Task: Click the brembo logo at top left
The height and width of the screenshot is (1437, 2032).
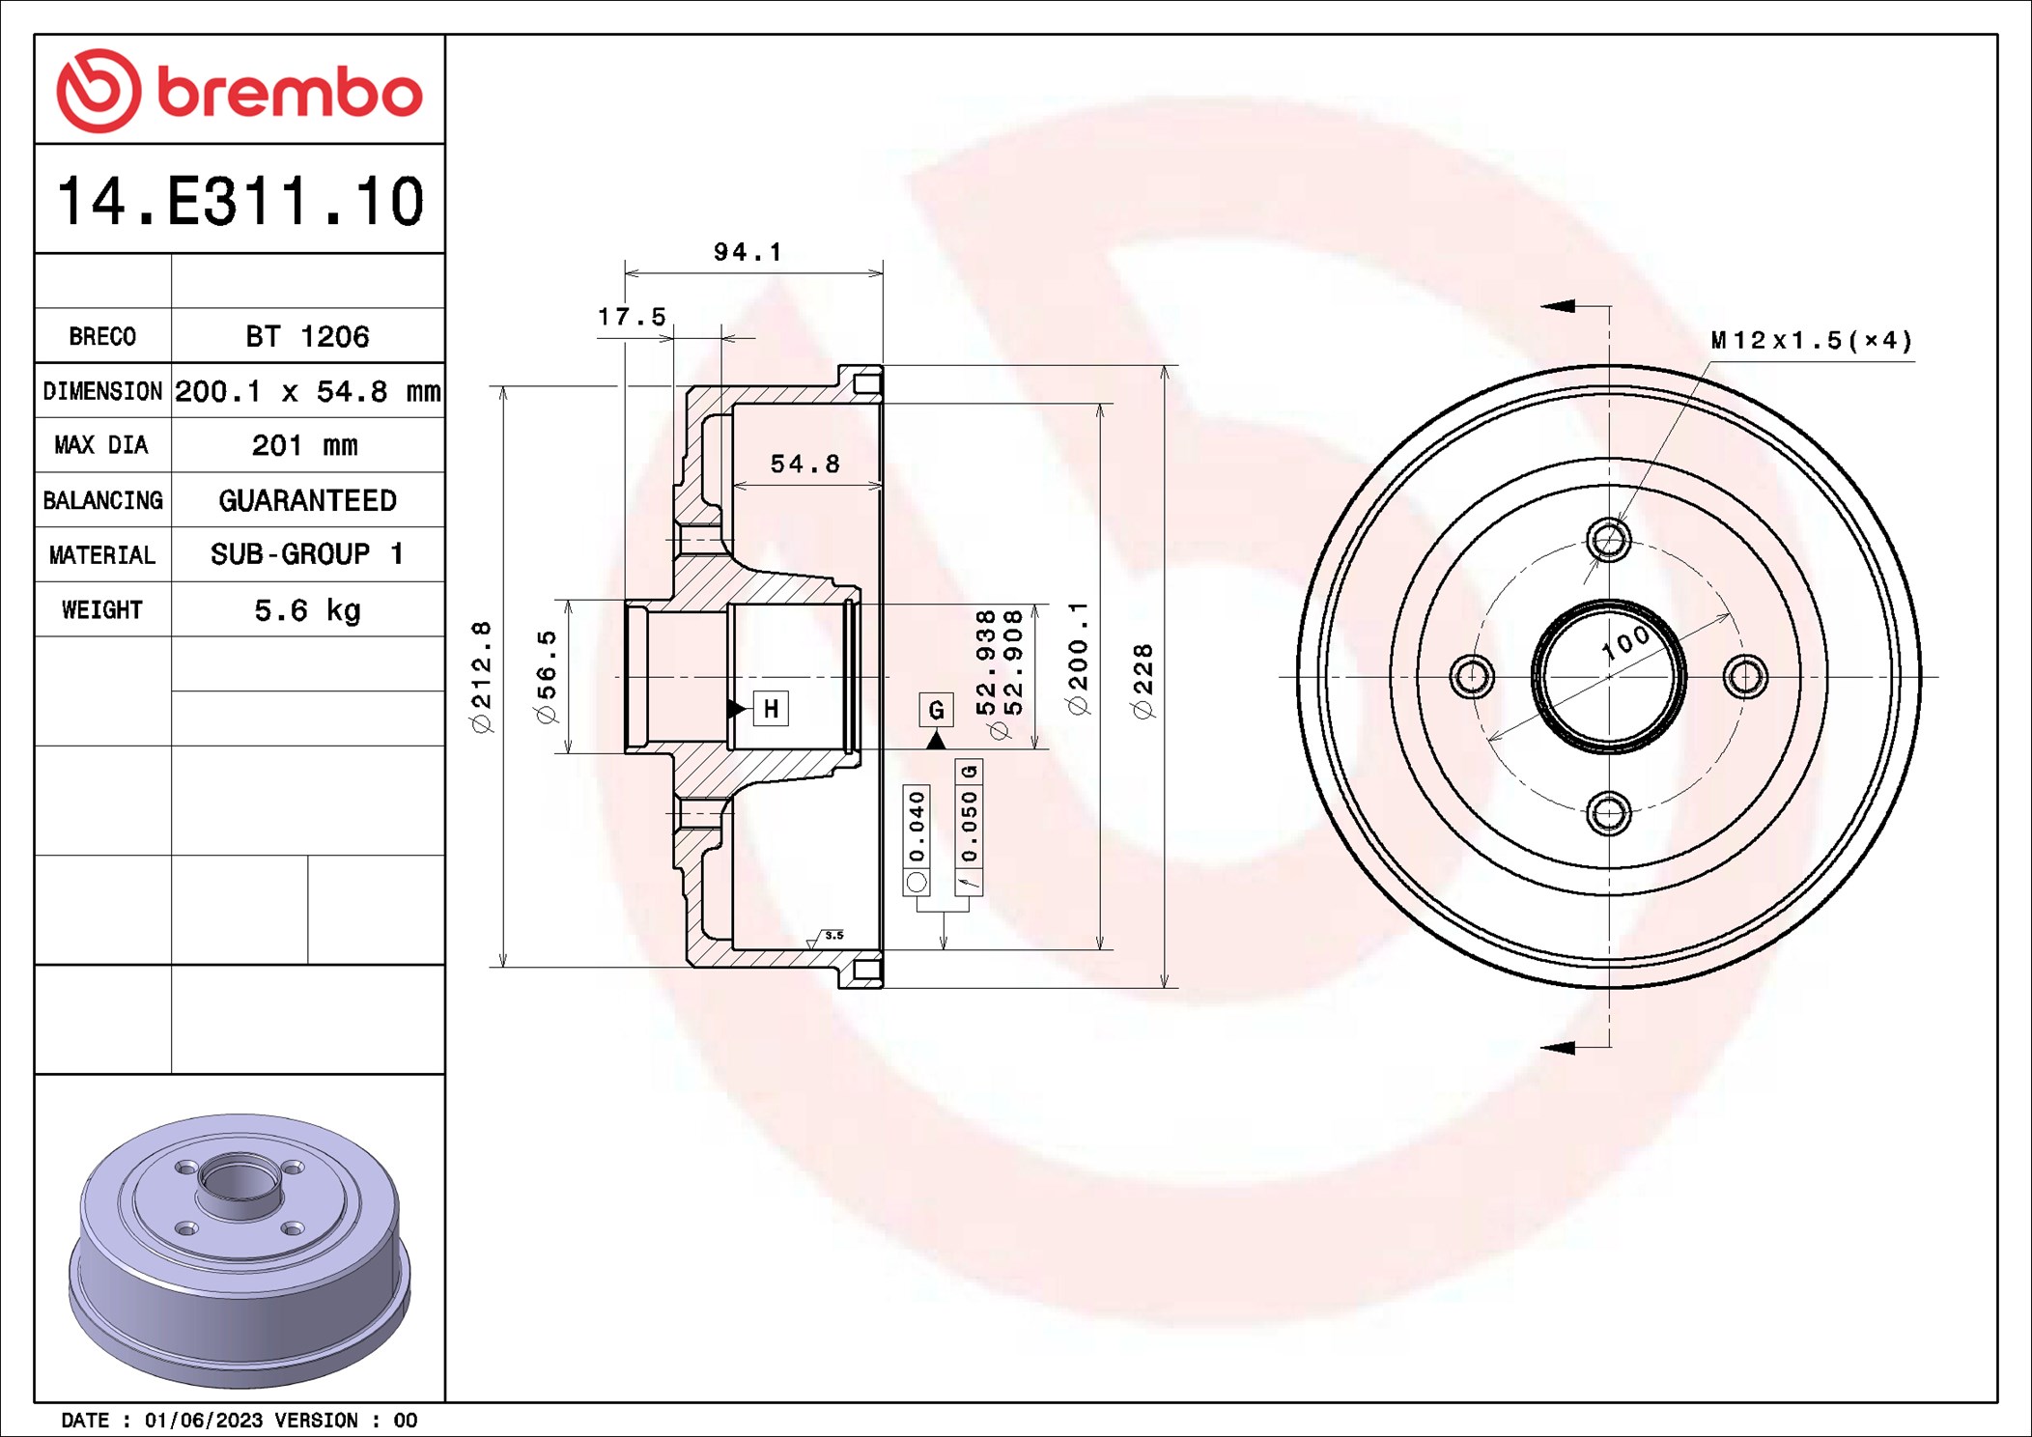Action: (x=240, y=91)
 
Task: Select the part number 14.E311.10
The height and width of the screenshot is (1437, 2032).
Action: (x=240, y=201)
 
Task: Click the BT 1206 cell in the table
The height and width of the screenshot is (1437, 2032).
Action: (x=307, y=336)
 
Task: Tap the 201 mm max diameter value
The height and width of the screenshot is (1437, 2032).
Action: (x=305, y=445)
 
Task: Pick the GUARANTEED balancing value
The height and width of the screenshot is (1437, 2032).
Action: (x=307, y=500)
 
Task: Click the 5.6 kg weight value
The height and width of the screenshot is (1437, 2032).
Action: (x=307, y=610)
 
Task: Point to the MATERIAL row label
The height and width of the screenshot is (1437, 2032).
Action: (x=102, y=555)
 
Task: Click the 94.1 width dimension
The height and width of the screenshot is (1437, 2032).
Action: (x=748, y=252)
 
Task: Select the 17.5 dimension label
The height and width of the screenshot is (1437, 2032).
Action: (x=632, y=317)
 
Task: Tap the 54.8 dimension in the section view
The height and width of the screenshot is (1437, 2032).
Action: (x=804, y=465)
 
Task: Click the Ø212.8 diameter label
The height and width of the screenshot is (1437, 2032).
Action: (x=481, y=676)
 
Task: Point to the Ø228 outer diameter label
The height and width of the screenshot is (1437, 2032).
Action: (x=1143, y=681)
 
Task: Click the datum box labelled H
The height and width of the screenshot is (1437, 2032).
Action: (x=771, y=709)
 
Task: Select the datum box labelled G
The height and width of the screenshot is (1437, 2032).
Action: (x=936, y=711)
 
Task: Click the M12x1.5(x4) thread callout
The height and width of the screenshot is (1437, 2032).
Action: (x=1811, y=341)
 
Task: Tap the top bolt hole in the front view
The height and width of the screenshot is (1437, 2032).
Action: (x=1609, y=539)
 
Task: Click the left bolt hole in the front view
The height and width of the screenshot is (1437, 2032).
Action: (x=1472, y=676)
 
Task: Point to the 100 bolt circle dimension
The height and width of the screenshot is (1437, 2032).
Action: (x=1625, y=643)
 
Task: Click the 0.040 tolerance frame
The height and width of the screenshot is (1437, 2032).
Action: (x=917, y=839)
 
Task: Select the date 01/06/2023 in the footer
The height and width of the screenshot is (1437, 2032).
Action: (x=203, y=1421)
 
